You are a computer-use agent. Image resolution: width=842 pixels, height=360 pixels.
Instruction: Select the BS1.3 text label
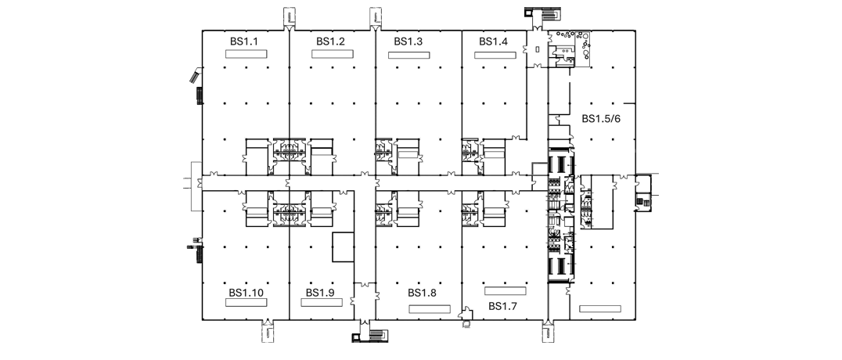click(408, 41)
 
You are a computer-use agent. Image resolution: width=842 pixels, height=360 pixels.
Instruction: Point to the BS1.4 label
click(494, 41)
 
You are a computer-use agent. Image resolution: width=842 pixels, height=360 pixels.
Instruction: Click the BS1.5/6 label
click(602, 118)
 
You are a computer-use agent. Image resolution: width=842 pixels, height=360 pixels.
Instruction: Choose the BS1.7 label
click(502, 306)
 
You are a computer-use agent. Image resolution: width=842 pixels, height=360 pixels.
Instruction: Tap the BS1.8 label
click(422, 293)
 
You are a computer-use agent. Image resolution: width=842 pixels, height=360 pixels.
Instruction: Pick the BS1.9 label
click(321, 293)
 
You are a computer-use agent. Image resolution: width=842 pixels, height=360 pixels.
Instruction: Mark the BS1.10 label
click(246, 293)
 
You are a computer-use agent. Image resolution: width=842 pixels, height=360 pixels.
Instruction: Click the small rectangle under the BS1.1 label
click(246, 54)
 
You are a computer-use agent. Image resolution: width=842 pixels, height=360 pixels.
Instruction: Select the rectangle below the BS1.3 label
click(409, 55)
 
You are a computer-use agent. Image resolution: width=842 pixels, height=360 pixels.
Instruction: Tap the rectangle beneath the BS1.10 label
click(246, 303)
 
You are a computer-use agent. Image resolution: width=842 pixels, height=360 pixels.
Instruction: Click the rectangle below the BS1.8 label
click(430, 309)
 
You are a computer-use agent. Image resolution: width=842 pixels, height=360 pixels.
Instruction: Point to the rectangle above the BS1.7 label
click(505, 290)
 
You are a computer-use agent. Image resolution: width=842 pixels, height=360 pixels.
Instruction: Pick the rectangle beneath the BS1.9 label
click(322, 303)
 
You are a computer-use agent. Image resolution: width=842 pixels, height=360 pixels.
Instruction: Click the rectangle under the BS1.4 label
click(495, 55)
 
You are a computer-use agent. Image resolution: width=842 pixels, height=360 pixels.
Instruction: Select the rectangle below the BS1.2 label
click(333, 54)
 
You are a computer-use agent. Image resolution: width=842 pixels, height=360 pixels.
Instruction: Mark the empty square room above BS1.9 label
click(343, 247)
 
